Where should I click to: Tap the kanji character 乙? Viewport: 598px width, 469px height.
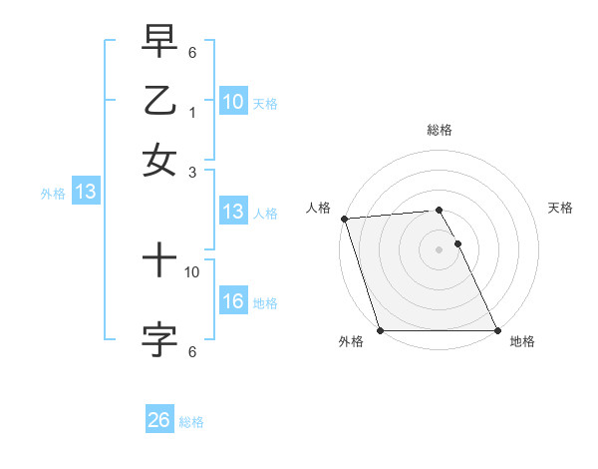159,101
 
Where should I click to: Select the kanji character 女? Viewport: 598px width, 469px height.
159,160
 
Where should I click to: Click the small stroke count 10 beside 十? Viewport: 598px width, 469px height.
192,270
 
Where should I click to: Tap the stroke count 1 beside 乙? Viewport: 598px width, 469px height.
192,113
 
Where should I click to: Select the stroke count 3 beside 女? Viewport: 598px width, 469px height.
192,172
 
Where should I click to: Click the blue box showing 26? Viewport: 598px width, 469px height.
159,420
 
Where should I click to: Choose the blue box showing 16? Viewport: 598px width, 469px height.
233,301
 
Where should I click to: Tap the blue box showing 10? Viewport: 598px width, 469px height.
233,101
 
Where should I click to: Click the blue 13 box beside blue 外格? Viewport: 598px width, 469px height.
85,193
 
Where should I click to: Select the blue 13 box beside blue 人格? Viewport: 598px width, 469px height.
233,212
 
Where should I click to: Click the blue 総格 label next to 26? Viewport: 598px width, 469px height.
191,422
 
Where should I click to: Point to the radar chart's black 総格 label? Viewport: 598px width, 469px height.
439,130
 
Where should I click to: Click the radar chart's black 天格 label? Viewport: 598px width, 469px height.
561,208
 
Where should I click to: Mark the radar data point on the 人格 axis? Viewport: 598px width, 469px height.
344,219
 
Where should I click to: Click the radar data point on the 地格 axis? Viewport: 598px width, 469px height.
496,330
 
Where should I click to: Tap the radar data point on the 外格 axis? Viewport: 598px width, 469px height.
381,330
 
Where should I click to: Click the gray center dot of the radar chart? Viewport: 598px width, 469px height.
439,249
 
